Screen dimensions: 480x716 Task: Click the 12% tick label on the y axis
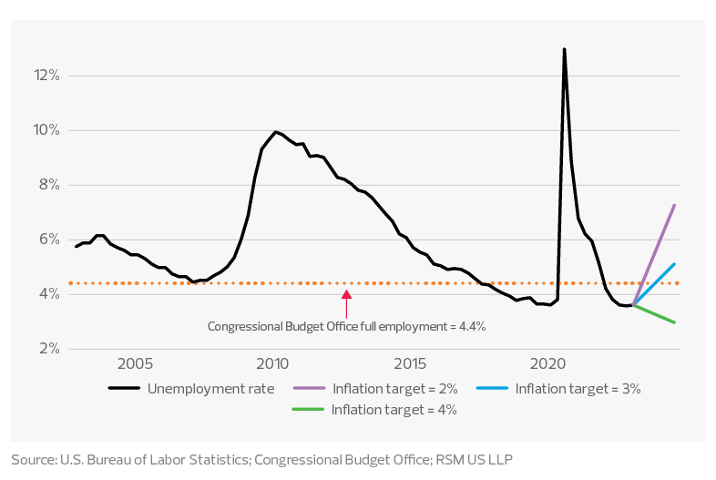coord(46,76)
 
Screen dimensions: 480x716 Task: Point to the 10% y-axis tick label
coord(46,130)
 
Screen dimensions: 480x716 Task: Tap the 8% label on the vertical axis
coord(48,185)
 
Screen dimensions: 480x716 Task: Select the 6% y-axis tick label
coord(48,240)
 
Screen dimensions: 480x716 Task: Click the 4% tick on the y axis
coord(48,294)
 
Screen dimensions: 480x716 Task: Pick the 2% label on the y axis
coord(48,349)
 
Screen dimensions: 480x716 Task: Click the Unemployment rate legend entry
coord(191,389)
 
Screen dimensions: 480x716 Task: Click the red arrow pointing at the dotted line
coord(346,303)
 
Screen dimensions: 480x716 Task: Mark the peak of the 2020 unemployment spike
coord(564,49)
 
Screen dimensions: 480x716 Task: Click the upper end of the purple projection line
coord(675,205)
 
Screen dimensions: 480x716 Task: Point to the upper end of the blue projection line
coord(675,263)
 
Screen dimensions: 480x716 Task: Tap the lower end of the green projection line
coord(675,322)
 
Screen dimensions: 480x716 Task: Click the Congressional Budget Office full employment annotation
coord(346,325)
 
